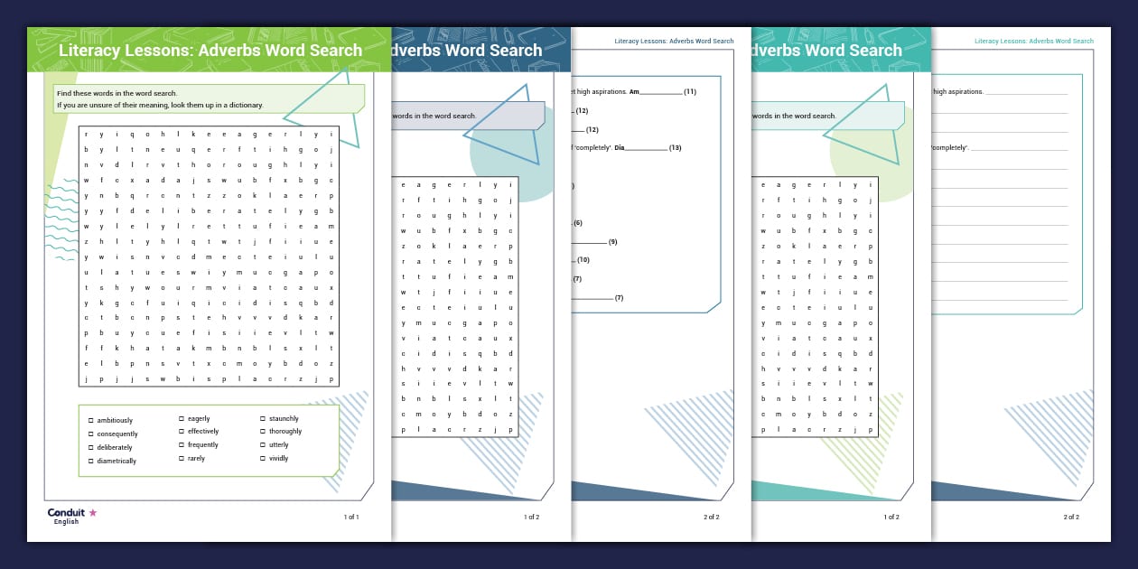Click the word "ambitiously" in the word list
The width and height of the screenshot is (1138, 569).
click(115, 421)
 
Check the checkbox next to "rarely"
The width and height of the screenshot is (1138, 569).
click(182, 459)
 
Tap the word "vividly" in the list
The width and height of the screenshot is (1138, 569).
click(279, 459)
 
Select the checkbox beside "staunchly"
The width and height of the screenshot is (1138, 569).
click(262, 419)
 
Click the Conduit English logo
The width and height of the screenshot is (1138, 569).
click(66, 516)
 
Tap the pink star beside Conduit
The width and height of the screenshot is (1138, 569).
click(92, 513)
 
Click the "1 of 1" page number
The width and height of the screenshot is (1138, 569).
click(351, 518)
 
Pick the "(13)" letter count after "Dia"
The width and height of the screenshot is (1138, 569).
click(675, 147)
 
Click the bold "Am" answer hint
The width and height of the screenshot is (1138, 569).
click(634, 92)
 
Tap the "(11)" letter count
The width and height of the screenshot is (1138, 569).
click(690, 92)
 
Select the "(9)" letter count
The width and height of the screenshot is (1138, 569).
click(612, 242)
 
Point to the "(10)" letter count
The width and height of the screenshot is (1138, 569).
click(583, 260)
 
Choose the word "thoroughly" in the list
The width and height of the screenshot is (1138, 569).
click(285, 432)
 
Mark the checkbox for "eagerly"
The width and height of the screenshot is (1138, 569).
click(182, 419)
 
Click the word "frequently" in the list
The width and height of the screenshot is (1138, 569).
click(203, 445)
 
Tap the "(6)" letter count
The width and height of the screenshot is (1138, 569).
click(578, 223)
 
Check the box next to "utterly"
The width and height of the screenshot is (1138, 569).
click(262, 445)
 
